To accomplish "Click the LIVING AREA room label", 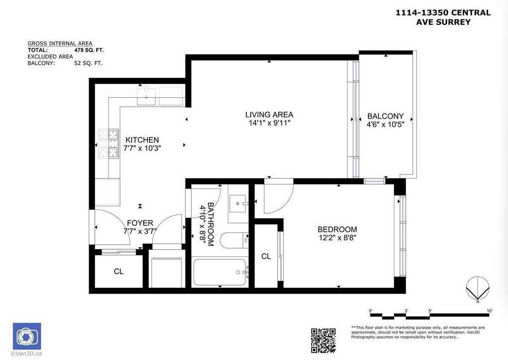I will pyautogui.click(x=269, y=115).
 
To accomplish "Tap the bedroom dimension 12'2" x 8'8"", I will pyautogui.click(x=338, y=238).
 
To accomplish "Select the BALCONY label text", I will pyautogui.click(x=385, y=116).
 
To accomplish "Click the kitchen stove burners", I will pyautogui.click(x=108, y=144).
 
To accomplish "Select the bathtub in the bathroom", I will pyautogui.click(x=220, y=272).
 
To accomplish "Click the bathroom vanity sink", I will pyautogui.click(x=239, y=203).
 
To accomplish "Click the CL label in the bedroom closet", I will pyautogui.click(x=266, y=256).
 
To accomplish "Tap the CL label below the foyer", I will pyautogui.click(x=119, y=272).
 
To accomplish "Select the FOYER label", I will pyautogui.click(x=140, y=223).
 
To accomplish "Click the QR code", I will pyautogui.click(x=323, y=340).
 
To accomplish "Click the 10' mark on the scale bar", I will pyautogui.click(x=490, y=311).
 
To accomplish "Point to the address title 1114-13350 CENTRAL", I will pyautogui.click(x=443, y=13).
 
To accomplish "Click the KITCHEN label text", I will pyautogui.click(x=142, y=140).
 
